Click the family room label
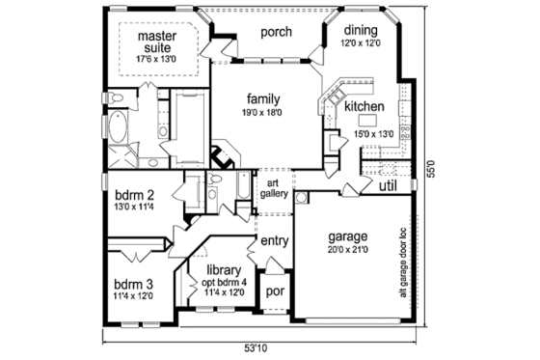point(262,98)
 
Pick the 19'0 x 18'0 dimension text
point(262,112)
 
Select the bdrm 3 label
point(132,284)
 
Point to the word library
point(224,269)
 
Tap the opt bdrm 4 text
point(224,282)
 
